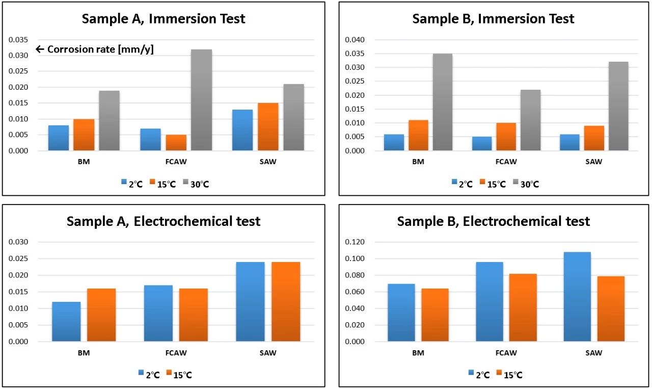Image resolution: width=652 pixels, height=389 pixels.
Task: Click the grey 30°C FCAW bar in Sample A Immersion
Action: tap(202, 100)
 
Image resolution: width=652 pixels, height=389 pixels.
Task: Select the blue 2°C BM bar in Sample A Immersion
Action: tap(59, 138)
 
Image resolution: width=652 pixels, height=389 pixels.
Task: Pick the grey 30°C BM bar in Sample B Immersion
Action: tap(442, 102)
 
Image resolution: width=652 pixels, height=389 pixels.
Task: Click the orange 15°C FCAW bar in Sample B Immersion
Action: tap(506, 137)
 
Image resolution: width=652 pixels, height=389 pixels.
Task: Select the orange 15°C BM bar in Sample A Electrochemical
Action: tap(101, 315)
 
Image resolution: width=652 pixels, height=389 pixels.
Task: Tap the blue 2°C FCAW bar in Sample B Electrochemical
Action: tap(489, 302)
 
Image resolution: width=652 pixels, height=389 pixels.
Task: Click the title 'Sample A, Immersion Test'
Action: tap(164, 19)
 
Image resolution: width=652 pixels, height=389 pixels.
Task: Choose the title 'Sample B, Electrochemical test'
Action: tap(494, 221)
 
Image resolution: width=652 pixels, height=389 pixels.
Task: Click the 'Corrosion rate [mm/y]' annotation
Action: tap(95, 49)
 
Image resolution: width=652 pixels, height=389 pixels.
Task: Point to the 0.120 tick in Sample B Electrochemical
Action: tap(355, 242)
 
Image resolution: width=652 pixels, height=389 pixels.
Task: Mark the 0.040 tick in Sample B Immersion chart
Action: tap(355, 40)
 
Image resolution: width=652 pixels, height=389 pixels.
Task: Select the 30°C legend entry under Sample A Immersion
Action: tap(196, 184)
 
